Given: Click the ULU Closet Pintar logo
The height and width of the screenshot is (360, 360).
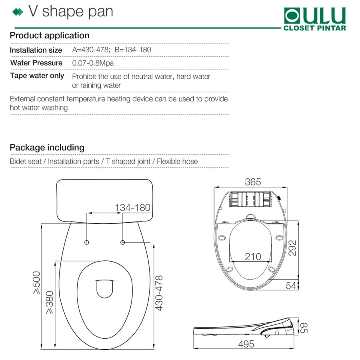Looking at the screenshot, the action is pyautogui.click(x=315, y=19).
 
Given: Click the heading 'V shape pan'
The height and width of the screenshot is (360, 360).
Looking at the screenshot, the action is pyautogui.click(x=71, y=12).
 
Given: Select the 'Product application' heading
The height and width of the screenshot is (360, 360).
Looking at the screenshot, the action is pyautogui.click(x=50, y=36).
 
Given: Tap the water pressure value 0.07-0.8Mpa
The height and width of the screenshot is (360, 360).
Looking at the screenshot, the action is pyautogui.click(x=93, y=63).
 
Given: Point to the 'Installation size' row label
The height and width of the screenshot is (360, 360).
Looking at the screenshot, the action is pyautogui.click(x=36, y=50).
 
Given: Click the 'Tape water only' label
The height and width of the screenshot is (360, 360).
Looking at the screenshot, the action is pyautogui.click(x=37, y=76).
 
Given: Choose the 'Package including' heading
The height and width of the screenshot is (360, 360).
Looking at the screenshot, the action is pyautogui.click(x=47, y=147).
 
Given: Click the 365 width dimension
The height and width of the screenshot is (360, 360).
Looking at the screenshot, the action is pyautogui.click(x=253, y=182).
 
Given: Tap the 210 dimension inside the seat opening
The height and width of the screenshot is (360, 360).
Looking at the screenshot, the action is pyautogui.click(x=253, y=257).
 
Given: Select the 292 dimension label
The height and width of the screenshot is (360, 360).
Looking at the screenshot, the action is pyautogui.click(x=292, y=248).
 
